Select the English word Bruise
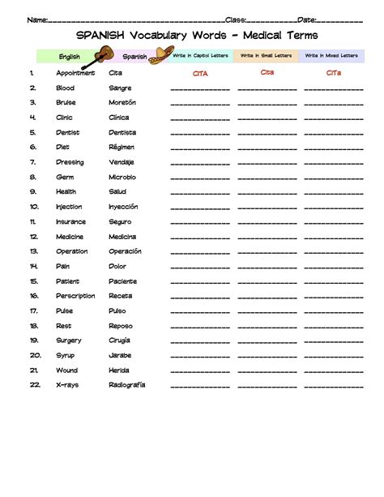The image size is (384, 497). point(66,103)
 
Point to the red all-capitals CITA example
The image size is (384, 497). point(200,73)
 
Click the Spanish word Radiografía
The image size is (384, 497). point(127,385)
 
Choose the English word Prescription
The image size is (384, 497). point(75,296)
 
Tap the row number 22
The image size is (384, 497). point(35,385)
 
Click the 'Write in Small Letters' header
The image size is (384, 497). point(265,55)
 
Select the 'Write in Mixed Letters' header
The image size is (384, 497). point(331,55)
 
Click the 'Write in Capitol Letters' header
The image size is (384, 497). point(200,55)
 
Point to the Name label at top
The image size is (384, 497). point(36,19)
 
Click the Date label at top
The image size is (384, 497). point(307,19)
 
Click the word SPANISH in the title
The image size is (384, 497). point(100,36)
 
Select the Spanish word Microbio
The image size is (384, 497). point(122,177)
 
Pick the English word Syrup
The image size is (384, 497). point(66,355)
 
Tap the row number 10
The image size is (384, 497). point(34,207)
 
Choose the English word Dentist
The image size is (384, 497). point(68,132)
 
